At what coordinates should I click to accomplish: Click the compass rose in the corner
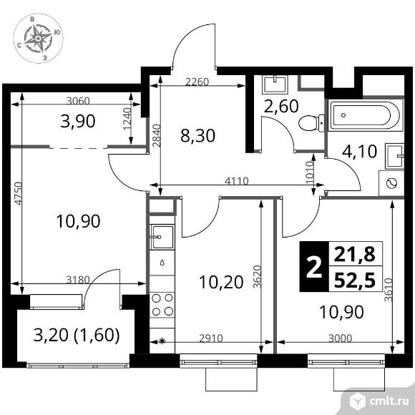pyautogui.click(x=38, y=39)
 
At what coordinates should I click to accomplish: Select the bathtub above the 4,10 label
pyautogui.click(x=366, y=115)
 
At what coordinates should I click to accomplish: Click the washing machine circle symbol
pyautogui.click(x=391, y=183)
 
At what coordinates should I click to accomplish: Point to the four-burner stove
pyautogui.click(x=162, y=305)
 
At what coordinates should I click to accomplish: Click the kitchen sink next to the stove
pyautogui.click(x=162, y=237)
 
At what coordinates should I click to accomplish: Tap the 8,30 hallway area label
pyautogui.click(x=197, y=136)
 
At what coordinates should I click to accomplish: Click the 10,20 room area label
pyautogui.click(x=221, y=282)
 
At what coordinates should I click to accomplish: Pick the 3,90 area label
pyautogui.click(x=78, y=122)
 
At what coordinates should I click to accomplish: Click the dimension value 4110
pyautogui.click(x=237, y=181)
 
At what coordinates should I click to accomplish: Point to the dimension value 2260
pyautogui.click(x=197, y=82)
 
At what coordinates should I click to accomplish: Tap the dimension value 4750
pyautogui.click(x=18, y=193)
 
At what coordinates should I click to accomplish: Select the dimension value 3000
pyautogui.click(x=340, y=338)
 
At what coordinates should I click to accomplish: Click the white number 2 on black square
pyautogui.click(x=313, y=268)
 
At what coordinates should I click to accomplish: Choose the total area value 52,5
pyautogui.click(x=355, y=280)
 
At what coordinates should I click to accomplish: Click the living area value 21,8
pyautogui.click(x=355, y=254)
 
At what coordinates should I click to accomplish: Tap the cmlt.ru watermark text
pyautogui.click(x=389, y=401)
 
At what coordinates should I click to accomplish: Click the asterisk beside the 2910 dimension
pyautogui.click(x=162, y=341)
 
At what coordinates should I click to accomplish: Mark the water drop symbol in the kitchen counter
pyautogui.click(x=162, y=263)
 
